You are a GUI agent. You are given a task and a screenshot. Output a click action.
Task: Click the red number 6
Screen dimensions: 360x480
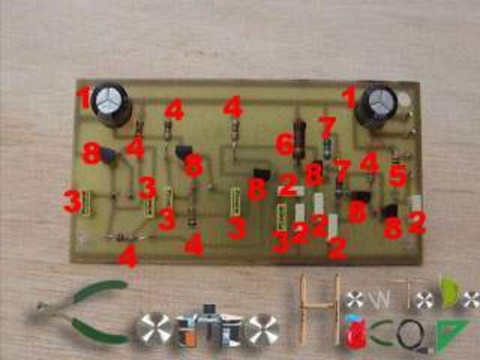pyautogui.click(x=283, y=143)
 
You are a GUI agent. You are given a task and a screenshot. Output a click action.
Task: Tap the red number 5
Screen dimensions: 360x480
pyautogui.click(x=397, y=175)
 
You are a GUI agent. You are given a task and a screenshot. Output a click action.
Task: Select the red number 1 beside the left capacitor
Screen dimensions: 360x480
pyautogui.click(x=83, y=96)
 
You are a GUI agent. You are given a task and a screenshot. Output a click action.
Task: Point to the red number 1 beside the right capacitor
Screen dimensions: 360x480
pyautogui.click(x=348, y=97)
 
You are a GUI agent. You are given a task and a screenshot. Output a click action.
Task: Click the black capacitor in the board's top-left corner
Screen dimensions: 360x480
pyautogui.click(x=112, y=103)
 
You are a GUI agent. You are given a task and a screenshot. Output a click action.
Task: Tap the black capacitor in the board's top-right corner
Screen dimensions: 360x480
pyautogui.click(x=376, y=105)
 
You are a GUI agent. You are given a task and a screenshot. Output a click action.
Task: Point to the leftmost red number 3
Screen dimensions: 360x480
pyautogui.click(x=72, y=201)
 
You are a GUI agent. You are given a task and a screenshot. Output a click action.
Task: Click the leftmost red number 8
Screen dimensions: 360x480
pyautogui.click(x=91, y=155)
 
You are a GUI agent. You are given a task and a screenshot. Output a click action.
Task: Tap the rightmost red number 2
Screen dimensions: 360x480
pyautogui.click(x=416, y=222)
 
